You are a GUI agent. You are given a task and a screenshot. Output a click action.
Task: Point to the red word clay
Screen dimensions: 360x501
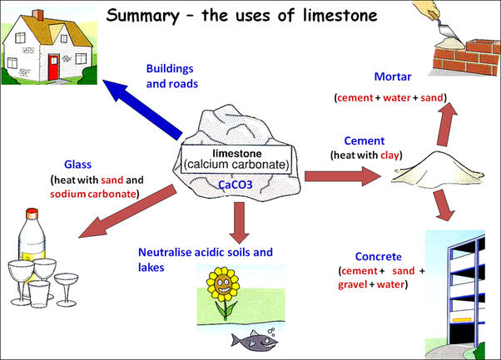390,155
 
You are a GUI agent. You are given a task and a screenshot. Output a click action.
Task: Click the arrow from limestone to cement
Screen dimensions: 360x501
342,176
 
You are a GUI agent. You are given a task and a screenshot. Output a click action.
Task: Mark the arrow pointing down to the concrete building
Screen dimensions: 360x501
443,205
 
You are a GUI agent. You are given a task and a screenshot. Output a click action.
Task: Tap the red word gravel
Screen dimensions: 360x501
354,285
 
